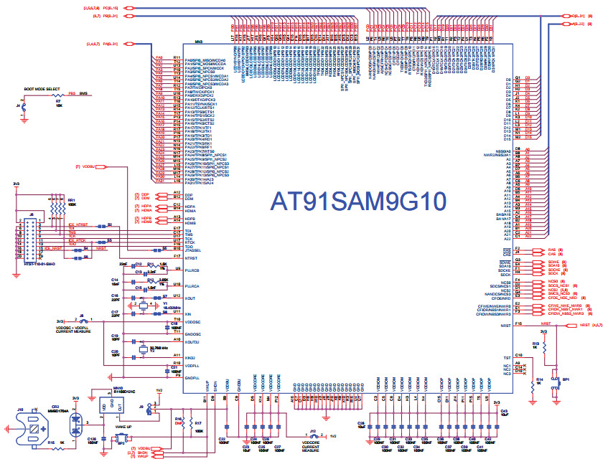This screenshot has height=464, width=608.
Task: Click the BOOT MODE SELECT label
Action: (42, 89)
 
